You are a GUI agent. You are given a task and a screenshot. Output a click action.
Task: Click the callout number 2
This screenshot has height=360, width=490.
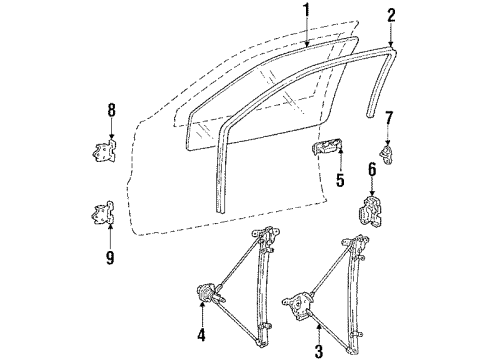tap(391, 14)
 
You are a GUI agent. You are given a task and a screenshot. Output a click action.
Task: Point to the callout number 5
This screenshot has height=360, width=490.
tap(340, 182)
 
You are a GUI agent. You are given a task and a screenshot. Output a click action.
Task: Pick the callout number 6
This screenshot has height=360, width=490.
tap(373, 171)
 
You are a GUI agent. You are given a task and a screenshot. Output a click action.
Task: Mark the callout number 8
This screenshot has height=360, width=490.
tap(111, 110)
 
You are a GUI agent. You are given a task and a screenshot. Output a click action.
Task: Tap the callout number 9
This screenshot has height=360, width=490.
tap(111, 257)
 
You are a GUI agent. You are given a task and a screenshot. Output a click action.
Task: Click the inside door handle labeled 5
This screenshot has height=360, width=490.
tap(326, 150)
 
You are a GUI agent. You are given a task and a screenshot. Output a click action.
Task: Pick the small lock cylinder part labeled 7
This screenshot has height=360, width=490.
tap(387, 153)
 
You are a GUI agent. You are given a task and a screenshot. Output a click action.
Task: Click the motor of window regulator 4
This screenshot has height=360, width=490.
tap(210, 293)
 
